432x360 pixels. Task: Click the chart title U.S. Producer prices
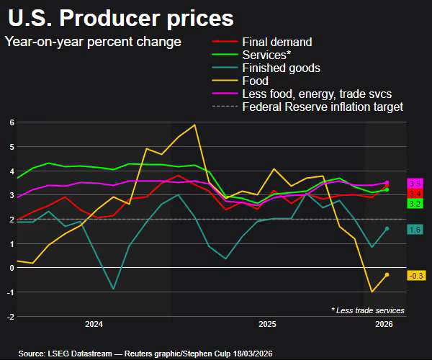(121, 17)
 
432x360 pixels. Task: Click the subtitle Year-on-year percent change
(93, 42)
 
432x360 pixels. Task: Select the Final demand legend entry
(277, 42)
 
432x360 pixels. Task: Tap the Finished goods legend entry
(282, 68)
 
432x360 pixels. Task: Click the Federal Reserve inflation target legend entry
(323, 107)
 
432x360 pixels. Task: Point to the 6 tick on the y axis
(12, 122)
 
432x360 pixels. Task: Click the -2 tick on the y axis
(9, 316)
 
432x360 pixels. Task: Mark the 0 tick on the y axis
(12, 268)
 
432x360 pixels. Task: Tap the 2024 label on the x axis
(94, 325)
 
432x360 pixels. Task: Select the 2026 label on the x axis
(384, 325)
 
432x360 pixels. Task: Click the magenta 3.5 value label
(415, 184)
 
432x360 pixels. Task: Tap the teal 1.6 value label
(415, 230)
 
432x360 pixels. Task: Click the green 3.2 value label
(415, 204)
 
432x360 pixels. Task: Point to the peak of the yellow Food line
(194, 125)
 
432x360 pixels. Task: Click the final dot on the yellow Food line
(387, 274)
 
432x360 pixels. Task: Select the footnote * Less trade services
(368, 310)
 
